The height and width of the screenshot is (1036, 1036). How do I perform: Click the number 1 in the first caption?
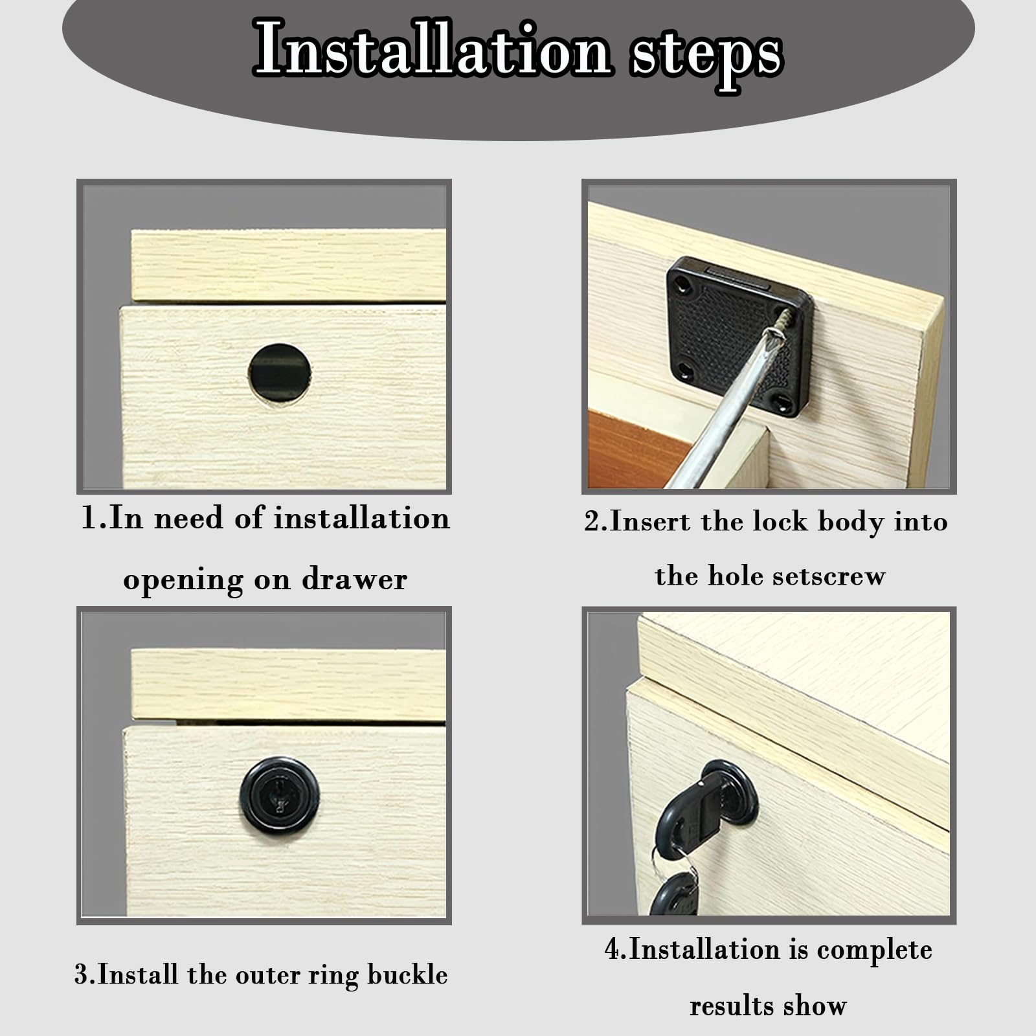(x=88, y=519)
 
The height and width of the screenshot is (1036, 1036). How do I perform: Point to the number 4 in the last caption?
(x=612, y=949)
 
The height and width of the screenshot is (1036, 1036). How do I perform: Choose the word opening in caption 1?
(x=183, y=580)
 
